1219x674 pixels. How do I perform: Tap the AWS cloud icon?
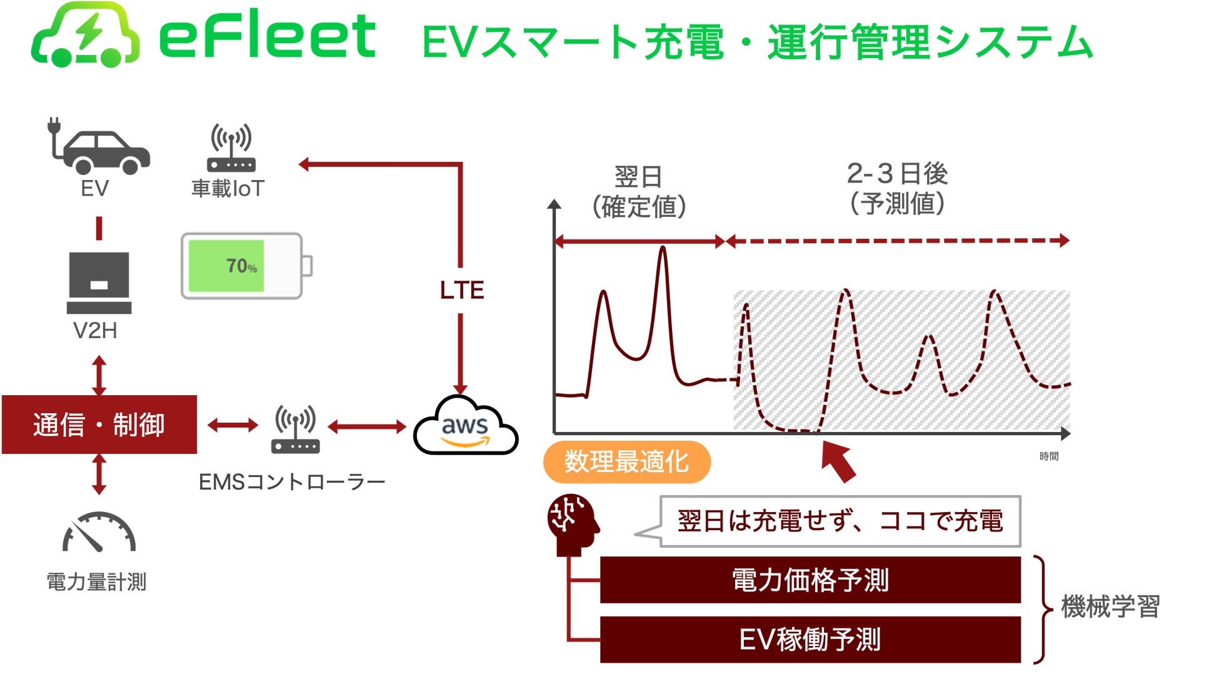pyautogui.click(x=466, y=426)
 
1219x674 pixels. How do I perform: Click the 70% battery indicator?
pyautogui.click(x=245, y=266)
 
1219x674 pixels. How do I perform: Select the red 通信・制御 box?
pyautogui.click(x=99, y=425)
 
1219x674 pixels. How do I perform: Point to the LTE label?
pyautogui.click(x=462, y=290)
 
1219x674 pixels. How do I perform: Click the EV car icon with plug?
pyautogui.click(x=100, y=147)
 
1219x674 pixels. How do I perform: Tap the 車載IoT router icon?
pyautogui.click(x=231, y=148)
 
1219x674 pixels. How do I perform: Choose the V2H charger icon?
pyautogui.click(x=99, y=283)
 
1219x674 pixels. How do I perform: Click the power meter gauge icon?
pyautogui.click(x=99, y=532)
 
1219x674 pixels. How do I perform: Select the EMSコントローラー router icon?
pyautogui.click(x=296, y=430)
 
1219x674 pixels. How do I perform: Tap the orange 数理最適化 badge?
pyautogui.click(x=626, y=462)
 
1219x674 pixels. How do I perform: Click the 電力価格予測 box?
pyautogui.click(x=810, y=580)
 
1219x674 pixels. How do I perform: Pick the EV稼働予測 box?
pyautogui.click(x=810, y=639)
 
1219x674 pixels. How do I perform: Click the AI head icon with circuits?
pyautogui.click(x=572, y=522)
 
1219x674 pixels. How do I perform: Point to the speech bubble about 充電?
pyautogui.click(x=840, y=521)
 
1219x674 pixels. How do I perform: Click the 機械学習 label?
pyautogui.click(x=1110, y=606)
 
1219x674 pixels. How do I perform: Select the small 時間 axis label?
pyautogui.click(x=1049, y=456)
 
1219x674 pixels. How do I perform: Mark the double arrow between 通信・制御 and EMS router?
pyautogui.click(x=233, y=426)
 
